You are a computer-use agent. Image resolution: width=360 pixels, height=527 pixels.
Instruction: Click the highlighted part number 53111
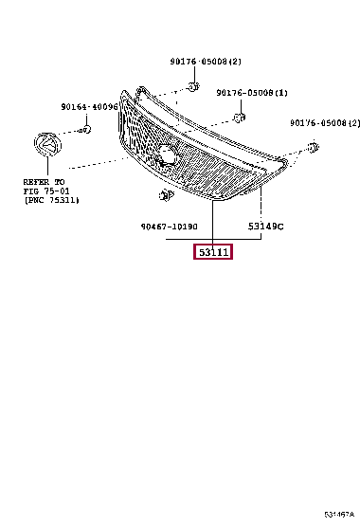[x=214, y=252]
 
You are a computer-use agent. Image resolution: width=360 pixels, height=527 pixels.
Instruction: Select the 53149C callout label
[x=266, y=227]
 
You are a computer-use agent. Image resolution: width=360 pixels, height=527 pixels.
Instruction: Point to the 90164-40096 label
[x=89, y=107]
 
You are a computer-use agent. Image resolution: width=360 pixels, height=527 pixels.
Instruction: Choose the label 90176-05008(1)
[x=252, y=93]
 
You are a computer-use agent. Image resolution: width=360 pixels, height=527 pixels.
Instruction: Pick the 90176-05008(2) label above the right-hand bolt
[x=325, y=123]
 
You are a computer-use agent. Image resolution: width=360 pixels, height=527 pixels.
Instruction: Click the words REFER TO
[x=45, y=179]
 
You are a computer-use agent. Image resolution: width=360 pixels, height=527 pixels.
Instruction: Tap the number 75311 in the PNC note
[x=63, y=200]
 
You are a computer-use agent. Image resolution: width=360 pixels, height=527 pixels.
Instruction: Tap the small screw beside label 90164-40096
[x=85, y=129]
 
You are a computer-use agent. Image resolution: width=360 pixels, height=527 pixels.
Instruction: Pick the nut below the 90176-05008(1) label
[x=240, y=118]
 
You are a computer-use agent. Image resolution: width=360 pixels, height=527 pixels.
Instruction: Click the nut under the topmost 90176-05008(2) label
[x=192, y=87]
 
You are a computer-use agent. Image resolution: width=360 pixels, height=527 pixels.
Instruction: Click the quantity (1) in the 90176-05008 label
[x=281, y=93]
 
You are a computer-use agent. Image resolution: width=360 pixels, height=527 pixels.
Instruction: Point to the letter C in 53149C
[x=280, y=227]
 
